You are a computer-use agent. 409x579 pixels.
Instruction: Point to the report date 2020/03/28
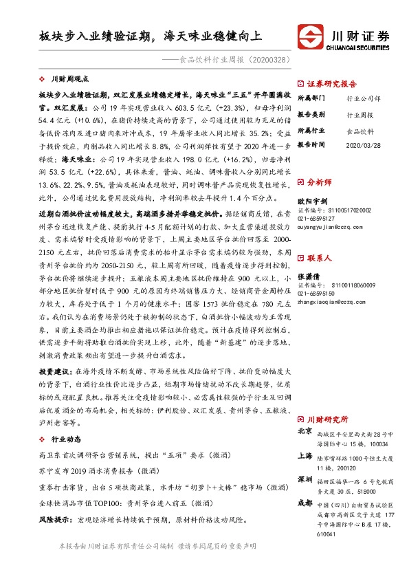(363, 145)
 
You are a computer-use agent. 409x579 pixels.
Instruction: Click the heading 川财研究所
(327, 419)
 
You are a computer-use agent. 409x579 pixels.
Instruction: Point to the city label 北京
(305, 431)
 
